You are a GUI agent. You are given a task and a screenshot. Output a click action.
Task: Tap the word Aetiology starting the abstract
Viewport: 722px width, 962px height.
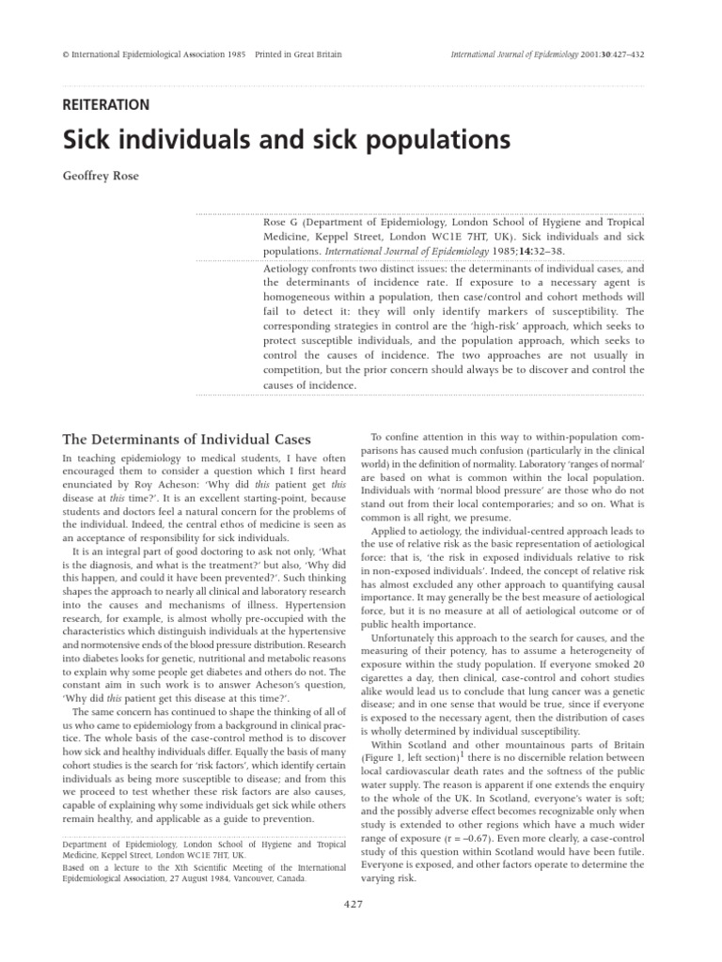tap(289, 269)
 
